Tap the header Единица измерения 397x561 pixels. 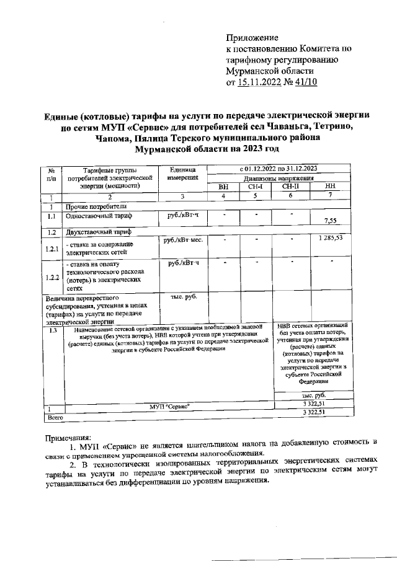[x=182, y=173]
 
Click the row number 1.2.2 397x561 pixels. [x=52, y=277]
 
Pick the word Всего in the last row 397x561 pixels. [x=56, y=419]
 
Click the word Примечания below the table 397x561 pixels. [x=69, y=436]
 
